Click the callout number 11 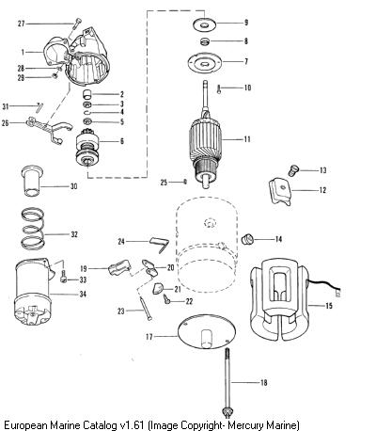[x=247, y=139]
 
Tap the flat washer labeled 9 [x=204, y=24]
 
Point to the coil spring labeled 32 [x=32, y=229]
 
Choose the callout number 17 [x=149, y=337]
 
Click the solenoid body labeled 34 [x=33, y=294]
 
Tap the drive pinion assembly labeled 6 [x=87, y=147]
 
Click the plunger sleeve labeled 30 [x=32, y=181]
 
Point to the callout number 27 [x=21, y=24]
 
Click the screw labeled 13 [x=293, y=170]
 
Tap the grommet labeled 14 [x=248, y=239]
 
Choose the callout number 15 [x=329, y=305]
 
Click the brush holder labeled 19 [x=118, y=268]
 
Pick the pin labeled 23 [x=146, y=309]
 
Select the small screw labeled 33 [x=64, y=277]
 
